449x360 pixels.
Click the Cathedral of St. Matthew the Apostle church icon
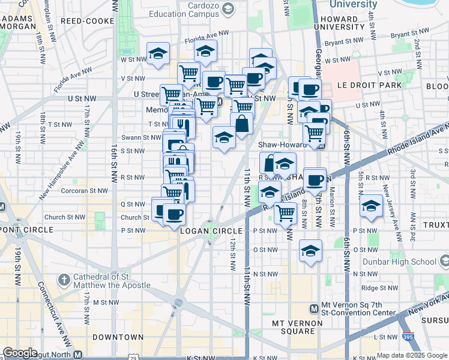click(x=64, y=280)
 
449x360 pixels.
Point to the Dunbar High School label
click(x=410, y=262)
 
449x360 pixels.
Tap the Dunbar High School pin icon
click(x=444, y=262)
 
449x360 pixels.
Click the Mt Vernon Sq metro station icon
click(x=313, y=308)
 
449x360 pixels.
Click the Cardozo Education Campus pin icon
click(x=228, y=9)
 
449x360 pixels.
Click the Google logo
click(x=20, y=353)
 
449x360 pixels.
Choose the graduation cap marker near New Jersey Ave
click(x=372, y=206)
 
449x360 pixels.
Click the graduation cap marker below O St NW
click(x=310, y=250)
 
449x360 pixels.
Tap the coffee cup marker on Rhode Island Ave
click(x=314, y=179)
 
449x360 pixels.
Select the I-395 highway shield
click(x=408, y=337)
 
